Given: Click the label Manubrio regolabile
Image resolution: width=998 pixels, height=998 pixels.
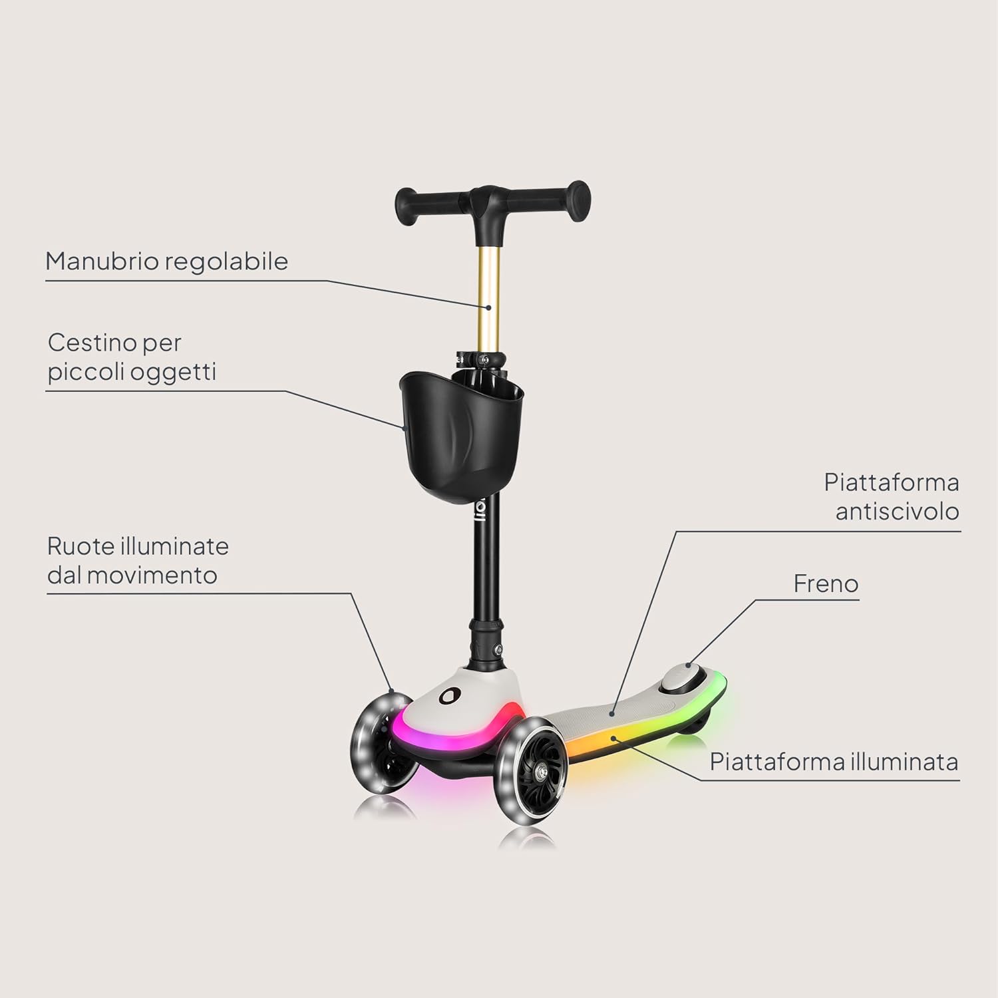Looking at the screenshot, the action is click(x=166, y=261).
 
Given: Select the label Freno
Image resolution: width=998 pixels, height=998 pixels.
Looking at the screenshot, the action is click(x=826, y=583).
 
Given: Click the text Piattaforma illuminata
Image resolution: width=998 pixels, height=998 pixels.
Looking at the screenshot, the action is click(x=834, y=761).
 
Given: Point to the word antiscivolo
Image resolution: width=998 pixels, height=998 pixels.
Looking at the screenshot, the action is click(x=897, y=511).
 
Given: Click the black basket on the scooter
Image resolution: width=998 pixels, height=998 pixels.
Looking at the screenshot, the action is click(x=460, y=439).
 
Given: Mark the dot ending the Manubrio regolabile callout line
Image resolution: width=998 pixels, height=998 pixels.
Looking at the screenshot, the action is click(x=488, y=307).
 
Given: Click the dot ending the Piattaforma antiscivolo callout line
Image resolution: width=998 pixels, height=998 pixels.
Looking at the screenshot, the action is click(x=612, y=712).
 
